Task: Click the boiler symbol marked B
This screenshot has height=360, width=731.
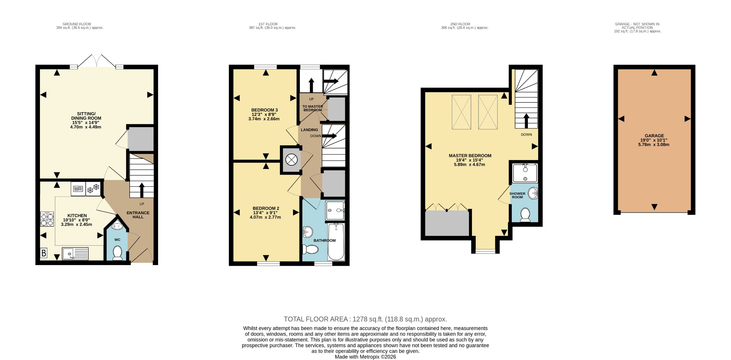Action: click(x=44, y=253)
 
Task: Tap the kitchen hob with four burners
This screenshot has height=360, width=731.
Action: click(x=47, y=219)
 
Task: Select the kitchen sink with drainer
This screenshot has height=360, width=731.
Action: click(x=75, y=254)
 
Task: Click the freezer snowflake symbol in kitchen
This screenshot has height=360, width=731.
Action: click(x=93, y=189)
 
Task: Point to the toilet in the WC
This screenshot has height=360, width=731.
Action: click(x=117, y=253)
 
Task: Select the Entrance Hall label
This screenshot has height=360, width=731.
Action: click(x=138, y=215)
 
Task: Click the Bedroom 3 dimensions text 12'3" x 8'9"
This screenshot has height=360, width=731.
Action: click(x=264, y=115)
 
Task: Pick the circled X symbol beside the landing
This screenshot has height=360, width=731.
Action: click(x=292, y=160)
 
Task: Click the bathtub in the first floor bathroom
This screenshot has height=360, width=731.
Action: click(x=336, y=242)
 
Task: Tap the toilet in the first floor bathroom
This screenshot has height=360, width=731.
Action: click(x=310, y=249)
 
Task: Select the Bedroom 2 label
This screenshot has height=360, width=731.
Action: click(x=266, y=208)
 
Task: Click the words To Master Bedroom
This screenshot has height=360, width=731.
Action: click(x=313, y=108)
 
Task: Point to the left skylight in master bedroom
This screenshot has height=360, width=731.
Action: click(x=462, y=112)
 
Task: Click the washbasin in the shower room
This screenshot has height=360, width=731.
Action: click(x=533, y=193)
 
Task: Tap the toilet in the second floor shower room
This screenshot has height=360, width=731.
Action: click(x=525, y=215)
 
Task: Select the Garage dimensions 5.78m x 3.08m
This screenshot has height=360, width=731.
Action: click(x=654, y=145)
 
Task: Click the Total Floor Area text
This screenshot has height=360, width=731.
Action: click(x=365, y=319)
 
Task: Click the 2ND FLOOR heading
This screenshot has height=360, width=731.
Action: click(x=460, y=24)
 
